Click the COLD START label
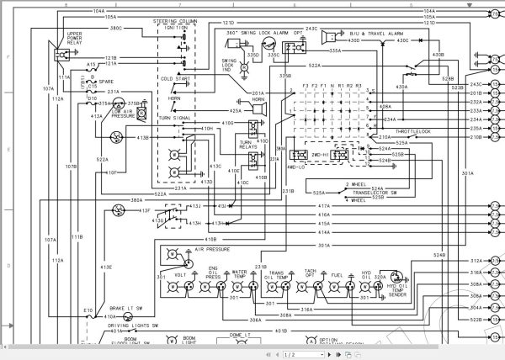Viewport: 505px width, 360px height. tap(176, 78)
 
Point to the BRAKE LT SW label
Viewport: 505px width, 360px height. tap(114, 309)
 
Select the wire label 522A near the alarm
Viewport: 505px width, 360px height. tap(315, 65)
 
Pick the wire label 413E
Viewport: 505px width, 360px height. tap(107, 267)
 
